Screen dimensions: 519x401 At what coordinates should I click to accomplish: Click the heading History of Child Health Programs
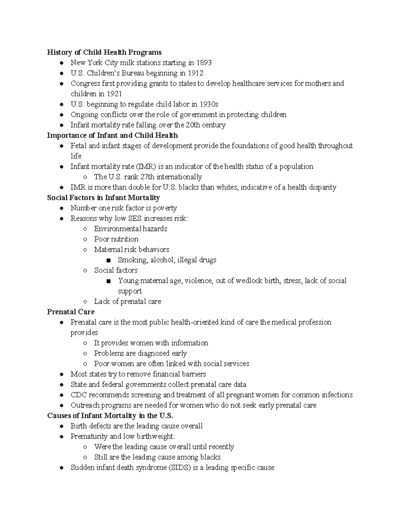(104, 52)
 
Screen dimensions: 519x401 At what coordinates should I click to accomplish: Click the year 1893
(204, 62)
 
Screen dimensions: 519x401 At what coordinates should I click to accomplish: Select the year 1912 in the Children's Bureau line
(195, 73)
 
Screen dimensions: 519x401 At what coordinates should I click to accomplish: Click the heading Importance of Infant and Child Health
(112, 135)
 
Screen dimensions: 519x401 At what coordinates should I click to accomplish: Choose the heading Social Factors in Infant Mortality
(103, 198)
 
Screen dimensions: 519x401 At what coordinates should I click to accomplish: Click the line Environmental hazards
(130, 229)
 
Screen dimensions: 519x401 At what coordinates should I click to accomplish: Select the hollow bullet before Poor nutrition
(86, 239)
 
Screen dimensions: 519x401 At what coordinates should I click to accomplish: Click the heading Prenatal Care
(71, 312)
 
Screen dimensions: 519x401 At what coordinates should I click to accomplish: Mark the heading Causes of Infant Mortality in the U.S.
(110, 415)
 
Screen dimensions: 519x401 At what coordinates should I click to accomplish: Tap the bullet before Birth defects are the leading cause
(61, 426)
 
